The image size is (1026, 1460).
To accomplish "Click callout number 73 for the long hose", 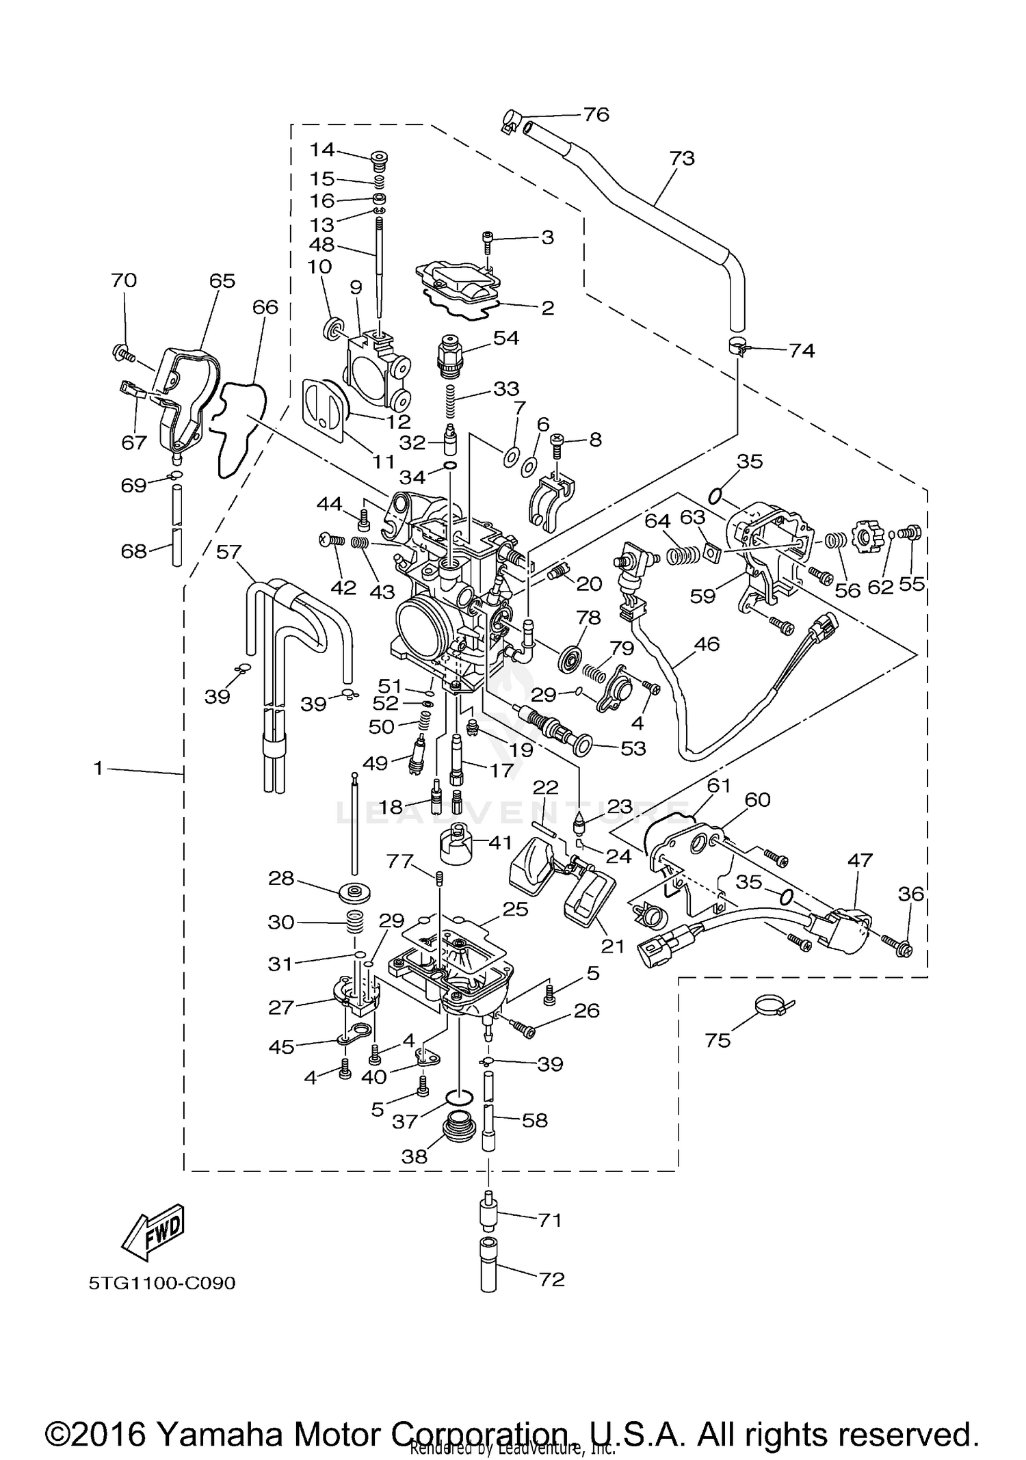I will tap(681, 158).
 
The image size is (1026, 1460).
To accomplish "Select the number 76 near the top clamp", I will tap(595, 114).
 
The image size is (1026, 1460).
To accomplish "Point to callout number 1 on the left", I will tap(98, 769).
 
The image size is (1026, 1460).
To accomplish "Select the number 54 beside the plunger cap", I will tap(506, 338).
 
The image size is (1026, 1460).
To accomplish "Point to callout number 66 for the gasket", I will tap(265, 307).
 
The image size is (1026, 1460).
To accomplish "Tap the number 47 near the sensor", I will tap(860, 860).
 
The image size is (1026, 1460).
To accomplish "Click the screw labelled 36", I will tap(904, 947).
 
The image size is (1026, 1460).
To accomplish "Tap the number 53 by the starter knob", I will tap(633, 748).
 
